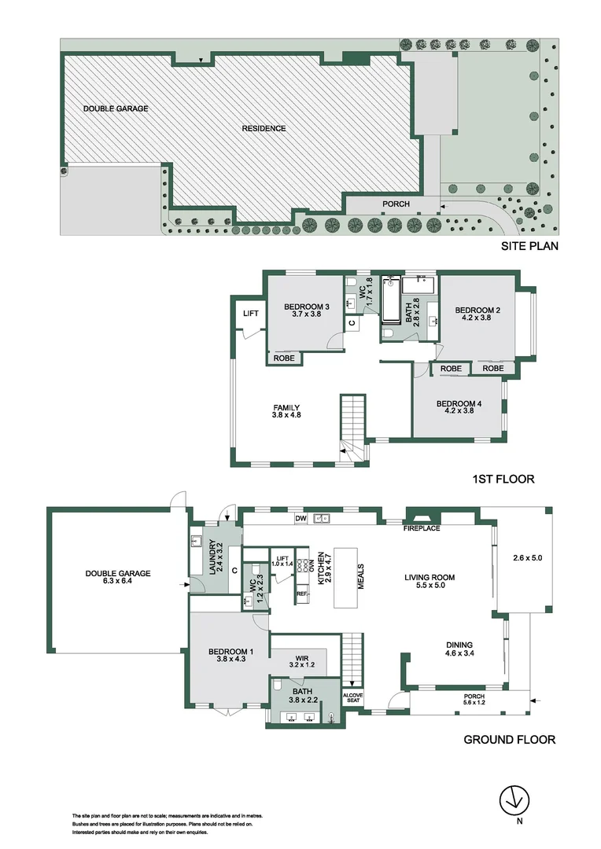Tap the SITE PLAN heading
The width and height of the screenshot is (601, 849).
[529, 247]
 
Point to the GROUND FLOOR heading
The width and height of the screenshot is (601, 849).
[509, 739]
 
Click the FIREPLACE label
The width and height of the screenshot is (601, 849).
[422, 528]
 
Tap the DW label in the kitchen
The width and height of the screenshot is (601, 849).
[300, 519]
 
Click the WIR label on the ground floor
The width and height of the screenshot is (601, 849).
[301, 658]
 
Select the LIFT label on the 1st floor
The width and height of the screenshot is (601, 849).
[251, 314]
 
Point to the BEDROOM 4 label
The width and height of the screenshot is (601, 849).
[459, 403]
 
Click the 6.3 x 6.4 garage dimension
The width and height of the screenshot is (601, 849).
[117, 583]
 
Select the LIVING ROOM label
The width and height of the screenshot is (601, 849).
[430, 578]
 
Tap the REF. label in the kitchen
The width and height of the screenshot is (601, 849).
[301, 594]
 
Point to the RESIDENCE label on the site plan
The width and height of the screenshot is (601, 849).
[264, 128]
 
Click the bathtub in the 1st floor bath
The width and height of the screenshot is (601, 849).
[391, 307]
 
